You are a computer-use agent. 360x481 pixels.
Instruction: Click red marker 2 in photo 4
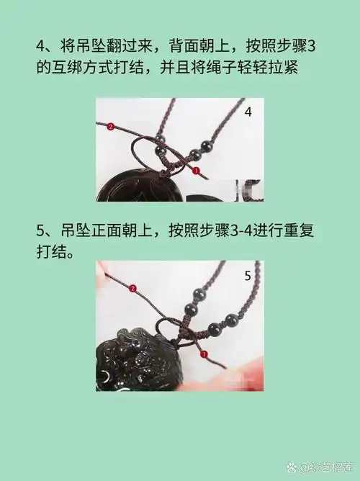point(110,127)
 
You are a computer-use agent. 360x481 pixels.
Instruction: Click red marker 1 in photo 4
point(196,170)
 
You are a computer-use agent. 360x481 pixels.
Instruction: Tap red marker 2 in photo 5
point(132,288)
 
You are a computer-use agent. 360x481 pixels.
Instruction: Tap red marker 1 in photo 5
point(204,354)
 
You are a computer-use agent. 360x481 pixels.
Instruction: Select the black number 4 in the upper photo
point(248,112)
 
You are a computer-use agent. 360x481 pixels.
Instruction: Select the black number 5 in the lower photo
point(247,274)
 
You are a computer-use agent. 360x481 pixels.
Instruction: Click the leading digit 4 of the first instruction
point(41,46)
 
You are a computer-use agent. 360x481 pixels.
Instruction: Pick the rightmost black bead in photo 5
point(233,320)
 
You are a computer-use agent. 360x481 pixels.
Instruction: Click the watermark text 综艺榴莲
point(327,468)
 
